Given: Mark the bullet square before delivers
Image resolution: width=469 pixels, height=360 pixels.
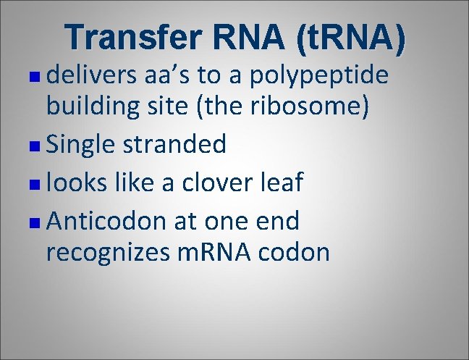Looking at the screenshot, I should (x=37, y=75).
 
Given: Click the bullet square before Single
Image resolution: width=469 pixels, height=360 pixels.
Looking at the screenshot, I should (x=37, y=145).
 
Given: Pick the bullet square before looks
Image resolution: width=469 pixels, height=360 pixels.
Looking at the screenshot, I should (x=37, y=183).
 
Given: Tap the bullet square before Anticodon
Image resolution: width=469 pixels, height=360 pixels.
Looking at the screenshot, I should (x=37, y=220).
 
